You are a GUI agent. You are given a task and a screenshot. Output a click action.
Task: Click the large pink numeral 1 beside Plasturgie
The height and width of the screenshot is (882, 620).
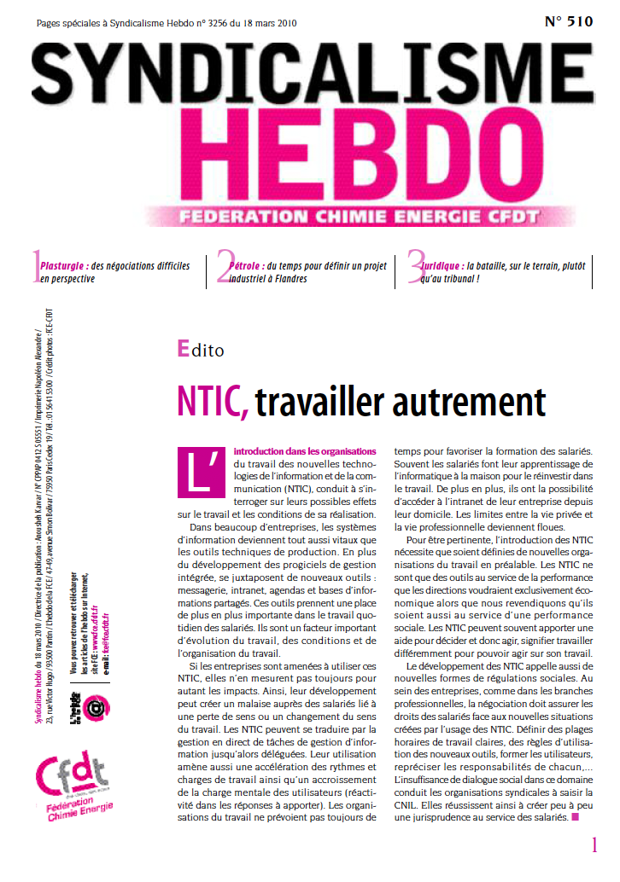coord(35,267)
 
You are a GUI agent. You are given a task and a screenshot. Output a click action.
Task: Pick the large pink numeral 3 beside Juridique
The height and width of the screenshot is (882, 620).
coord(416,267)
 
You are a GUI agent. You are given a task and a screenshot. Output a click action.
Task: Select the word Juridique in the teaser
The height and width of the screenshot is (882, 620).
coord(441,266)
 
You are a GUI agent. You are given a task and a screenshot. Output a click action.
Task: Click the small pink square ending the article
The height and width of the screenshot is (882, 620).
coord(575,817)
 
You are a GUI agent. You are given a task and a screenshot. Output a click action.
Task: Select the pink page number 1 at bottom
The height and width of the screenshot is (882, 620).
coord(594,844)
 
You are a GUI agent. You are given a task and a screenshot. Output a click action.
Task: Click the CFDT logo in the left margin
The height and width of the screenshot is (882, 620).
coord(72,775)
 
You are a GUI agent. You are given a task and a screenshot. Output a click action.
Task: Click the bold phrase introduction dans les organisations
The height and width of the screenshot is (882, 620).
coord(304,450)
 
